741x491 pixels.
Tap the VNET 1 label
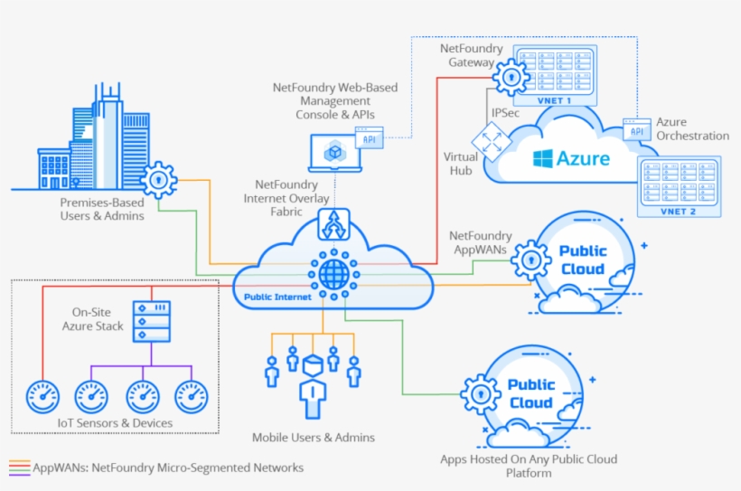click(556, 100)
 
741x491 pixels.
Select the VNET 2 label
click(679, 211)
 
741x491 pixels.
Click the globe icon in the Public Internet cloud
click(333, 270)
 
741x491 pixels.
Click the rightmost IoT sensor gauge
click(191, 394)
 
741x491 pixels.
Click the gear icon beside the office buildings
click(160, 180)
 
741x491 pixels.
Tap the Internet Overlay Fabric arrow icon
click(333, 223)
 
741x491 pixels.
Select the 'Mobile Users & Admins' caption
click(313, 438)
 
